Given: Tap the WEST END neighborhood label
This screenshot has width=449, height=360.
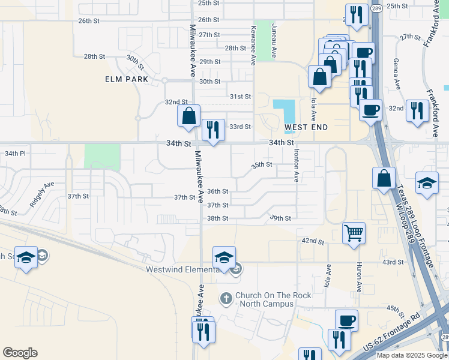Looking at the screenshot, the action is [306, 127].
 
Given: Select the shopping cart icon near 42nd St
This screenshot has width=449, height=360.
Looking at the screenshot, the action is [354, 233].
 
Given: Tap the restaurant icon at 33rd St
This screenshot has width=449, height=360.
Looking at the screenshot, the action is [213, 130].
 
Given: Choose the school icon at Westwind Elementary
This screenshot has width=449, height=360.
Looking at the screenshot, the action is [224, 258].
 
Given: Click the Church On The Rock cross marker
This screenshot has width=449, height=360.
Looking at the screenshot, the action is [226, 298].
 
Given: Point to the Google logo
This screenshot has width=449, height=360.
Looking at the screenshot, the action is [20, 353].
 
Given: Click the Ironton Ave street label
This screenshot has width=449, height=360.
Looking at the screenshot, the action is [297, 166].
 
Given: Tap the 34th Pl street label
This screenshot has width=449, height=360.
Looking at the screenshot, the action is [15, 154].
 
